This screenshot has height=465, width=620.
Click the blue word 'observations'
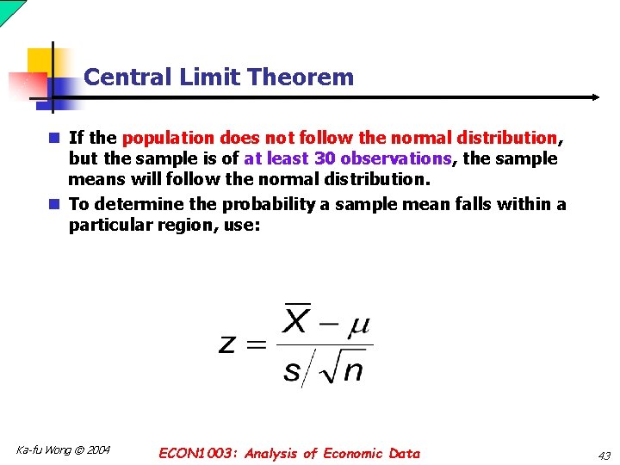point(395,158)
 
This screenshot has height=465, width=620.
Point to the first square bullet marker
point(53,138)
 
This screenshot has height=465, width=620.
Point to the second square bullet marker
point(53,204)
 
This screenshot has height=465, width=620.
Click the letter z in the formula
point(227,344)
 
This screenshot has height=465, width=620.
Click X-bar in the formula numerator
point(296,320)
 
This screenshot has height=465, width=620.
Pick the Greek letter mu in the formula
point(359,325)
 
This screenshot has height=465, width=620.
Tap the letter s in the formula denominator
point(292,370)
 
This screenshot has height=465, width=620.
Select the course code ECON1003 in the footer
point(196,453)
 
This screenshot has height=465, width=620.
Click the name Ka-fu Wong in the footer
point(43,449)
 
